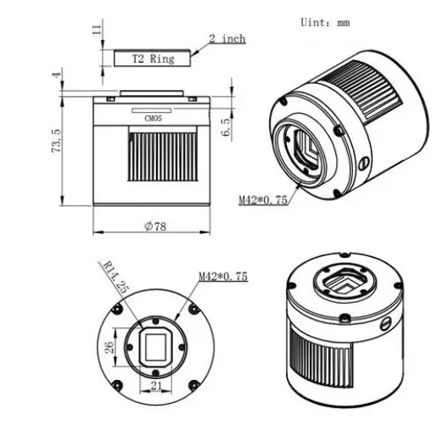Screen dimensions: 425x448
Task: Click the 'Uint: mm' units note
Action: pyautogui.click(x=326, y=23)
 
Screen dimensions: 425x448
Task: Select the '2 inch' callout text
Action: pyautogui.click(x=227, y=38)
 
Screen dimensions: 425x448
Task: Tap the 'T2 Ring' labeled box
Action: pyautogui.click(x=153, y=59)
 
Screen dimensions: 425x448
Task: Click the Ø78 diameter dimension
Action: pyautogui.click(x=153, y=225)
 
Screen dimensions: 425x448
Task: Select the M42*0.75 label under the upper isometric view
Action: pyautogui.click(x=264, y=200)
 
